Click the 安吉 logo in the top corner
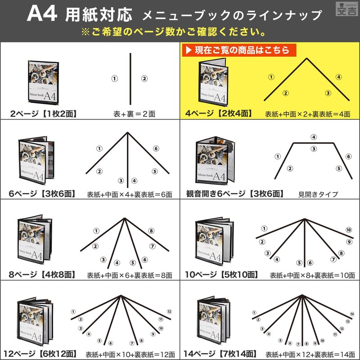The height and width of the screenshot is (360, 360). tap(346, 9)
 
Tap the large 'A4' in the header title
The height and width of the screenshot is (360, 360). tap(42, 14)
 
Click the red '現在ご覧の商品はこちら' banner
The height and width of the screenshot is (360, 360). tap(239, 50)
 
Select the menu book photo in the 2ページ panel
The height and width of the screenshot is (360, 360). tap(43, 83)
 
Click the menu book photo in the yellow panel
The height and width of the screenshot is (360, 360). tap(213, 82)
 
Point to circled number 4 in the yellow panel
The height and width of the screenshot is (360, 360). tap(339, 77)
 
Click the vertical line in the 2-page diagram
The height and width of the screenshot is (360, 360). tap(130, 79)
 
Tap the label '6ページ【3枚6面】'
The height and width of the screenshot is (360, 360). tap(42, 193)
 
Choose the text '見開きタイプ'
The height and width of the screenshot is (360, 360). tap(318, 194)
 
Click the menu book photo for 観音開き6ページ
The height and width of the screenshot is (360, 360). tap(215, 161)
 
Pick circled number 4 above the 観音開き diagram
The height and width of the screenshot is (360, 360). tap(314, 137)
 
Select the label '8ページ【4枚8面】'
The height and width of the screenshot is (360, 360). tap(42, 274)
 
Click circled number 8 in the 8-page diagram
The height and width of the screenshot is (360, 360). tap(151, 231)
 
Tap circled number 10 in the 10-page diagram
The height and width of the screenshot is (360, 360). tap(349, 230)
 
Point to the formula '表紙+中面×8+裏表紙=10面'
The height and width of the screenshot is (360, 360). tap(312, 275)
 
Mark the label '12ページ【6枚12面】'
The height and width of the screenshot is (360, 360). tap(40, 354)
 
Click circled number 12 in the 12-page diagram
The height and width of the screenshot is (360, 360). tap(169, 311)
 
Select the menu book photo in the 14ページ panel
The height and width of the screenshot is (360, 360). tap(213, 321)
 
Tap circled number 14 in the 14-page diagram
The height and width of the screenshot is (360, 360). tap(352, 314)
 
